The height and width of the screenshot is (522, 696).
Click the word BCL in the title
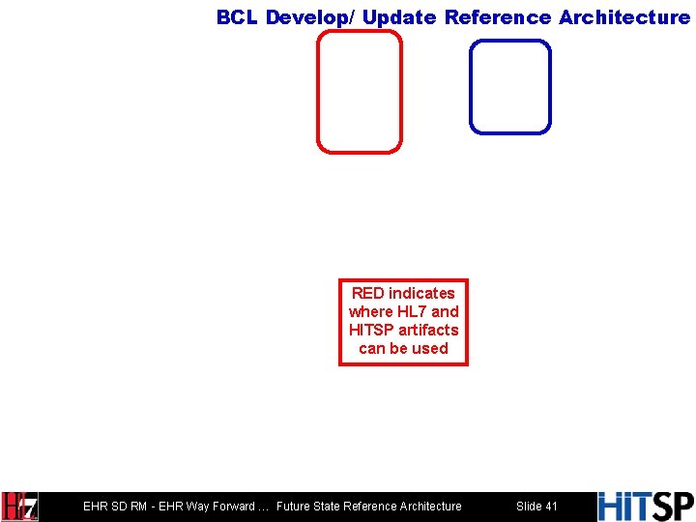tap(238, 17)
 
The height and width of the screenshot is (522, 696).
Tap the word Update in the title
tap(399, 17)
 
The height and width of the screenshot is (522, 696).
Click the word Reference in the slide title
tap(498, 17)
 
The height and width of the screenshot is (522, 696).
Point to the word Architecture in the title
tap(624, 17)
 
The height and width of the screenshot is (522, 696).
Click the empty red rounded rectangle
tap(359, 92)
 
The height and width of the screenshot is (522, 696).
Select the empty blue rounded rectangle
tap(509, 86)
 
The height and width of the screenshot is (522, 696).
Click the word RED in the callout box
tap(367, 293)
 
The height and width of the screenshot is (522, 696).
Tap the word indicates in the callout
tap(421, 293)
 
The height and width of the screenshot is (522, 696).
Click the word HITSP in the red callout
tap(371, 330)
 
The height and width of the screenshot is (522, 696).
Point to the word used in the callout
tap(430, 348)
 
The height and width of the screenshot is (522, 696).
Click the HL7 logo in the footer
tap(19, 507)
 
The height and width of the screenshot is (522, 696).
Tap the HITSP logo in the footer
tap(645, 507)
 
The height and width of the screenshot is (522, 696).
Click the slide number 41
tap(551, 507)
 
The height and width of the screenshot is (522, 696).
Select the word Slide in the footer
tap(529, 507)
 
